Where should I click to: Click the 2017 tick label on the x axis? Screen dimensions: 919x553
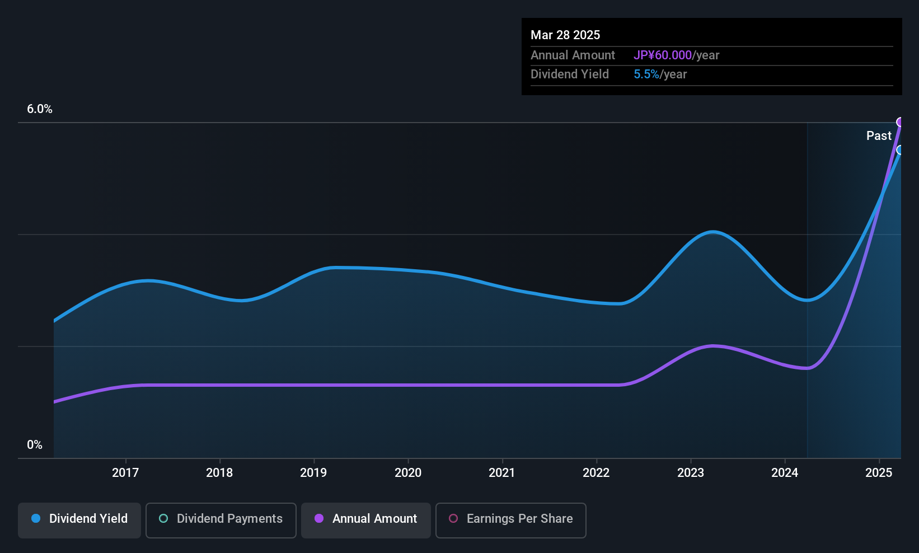[x=125, y=472]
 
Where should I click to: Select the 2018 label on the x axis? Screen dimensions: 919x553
[x=219, y=472]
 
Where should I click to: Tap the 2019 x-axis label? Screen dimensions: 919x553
[x=313, y=472]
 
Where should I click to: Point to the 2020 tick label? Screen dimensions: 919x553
[x=408, y=472]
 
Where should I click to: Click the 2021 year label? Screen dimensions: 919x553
[x=502, y=472]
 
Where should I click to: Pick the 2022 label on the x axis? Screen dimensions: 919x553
[x=596, y=472]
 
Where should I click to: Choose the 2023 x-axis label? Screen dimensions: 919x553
[x=691, y=472]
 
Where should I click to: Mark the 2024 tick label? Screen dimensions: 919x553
[x=785, y=472]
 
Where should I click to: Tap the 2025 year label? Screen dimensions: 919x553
[x=879, y=472]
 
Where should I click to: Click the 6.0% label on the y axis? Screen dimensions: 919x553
[x=39, y=109]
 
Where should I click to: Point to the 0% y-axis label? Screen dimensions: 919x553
[x=35, y=445]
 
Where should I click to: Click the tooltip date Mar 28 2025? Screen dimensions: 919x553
[x=565, y=35]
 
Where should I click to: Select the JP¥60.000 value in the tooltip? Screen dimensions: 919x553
[x=663, y=55]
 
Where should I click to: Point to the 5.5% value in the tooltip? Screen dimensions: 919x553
[x=646, y=74]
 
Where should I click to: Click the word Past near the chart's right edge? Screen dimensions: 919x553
[x=879, y=136]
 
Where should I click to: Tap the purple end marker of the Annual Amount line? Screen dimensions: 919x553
[x=899, y=122]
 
